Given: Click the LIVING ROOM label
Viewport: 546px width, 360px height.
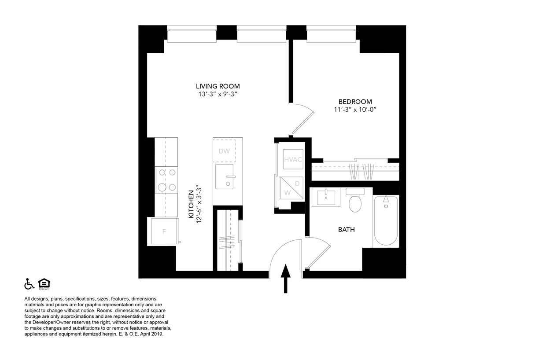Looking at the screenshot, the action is click(x=218, y=86).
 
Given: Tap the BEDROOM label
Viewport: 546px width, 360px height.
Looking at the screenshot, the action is click(x=355, y=102).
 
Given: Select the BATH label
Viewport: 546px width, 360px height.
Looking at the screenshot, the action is click(x=347, y=229).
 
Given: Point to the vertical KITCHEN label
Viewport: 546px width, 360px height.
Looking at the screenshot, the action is click(x=192, y=204).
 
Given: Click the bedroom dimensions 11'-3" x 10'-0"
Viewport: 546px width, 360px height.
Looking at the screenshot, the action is click(x=355, y=110).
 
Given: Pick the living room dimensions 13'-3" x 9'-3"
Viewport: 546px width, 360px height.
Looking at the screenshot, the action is click(x=218, y=94).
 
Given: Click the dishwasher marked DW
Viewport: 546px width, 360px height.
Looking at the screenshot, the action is click(x=224, y=151).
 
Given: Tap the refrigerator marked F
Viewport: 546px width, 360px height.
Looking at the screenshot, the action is click(x=165, y=231).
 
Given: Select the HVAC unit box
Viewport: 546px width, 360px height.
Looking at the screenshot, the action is click(x=293, y=159).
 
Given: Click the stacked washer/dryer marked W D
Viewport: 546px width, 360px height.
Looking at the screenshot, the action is click(x=291, y=188).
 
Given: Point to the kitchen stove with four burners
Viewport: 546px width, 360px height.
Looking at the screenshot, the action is click(x=167, y=180).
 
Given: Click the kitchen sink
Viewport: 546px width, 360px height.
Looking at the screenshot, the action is click(x=224, y=176).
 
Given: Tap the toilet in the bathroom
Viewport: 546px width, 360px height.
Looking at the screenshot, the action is click(x=355, y=200).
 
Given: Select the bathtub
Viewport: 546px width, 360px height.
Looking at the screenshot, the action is click(x=386, y=220).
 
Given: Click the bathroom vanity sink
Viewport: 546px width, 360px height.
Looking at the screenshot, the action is click(x=326, y=197).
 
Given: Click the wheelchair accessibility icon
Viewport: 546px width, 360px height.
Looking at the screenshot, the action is click(x=29, y=284).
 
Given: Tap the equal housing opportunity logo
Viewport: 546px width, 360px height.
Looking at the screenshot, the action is click(x=44, y=284).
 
